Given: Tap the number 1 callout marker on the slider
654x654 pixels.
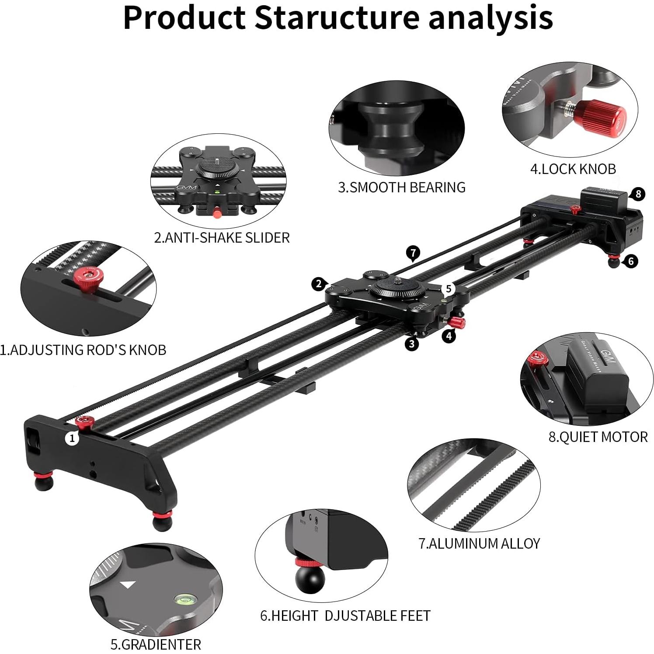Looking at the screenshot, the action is pos(72,438).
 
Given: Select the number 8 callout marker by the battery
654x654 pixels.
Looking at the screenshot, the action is pos(638,194).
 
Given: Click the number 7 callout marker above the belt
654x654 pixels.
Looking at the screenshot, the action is pos(413,253).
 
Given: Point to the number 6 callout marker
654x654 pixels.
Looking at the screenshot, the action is pos(630,261).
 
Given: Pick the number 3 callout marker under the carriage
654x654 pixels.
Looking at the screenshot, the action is pos(412,344).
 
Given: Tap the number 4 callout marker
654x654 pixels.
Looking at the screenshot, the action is pos(449,336).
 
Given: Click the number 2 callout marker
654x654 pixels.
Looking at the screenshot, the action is pos(319,284).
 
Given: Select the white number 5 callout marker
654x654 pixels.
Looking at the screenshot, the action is pos(448,289).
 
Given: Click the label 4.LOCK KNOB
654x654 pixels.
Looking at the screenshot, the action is pos(573,169).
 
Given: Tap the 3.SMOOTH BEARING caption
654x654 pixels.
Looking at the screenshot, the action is pos(402,187).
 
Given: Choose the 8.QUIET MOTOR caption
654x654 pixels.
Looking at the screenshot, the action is pos(598,437).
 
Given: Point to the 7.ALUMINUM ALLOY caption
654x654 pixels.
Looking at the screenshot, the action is pos(479,543).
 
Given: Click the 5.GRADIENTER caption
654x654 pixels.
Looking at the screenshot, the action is pos(156,644).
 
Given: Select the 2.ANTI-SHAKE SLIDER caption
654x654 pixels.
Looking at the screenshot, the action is pos(222,237).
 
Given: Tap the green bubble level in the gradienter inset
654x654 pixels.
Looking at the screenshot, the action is pos(184,597).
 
